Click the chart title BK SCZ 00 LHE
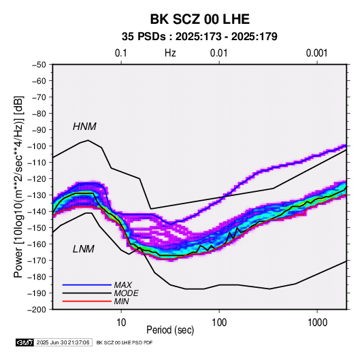click(x=200, y=19)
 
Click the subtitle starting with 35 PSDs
click(x=199, y=37)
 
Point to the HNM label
click(x=84, y=127)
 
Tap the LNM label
click(x=84, y=249)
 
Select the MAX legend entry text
click(x=122, y=285)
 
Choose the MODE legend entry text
click(x=126, y=293)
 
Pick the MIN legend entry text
click(x=121, y=301)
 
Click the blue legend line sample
click(x=87, y=285)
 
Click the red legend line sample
click(x=87, y=301)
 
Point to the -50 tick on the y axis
click(x=39, y=65)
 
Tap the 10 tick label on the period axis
click(x=121, y=323)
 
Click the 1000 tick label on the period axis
click(x=317, y=323)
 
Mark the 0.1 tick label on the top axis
click(x=121, y=53)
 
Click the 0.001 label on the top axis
click(x=317, y=53)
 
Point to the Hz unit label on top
click(x=170, y=53)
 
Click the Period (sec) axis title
click(x=170, y=330)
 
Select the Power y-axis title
click(x=18, y=186)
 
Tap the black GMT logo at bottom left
click(x=25, y=342)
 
